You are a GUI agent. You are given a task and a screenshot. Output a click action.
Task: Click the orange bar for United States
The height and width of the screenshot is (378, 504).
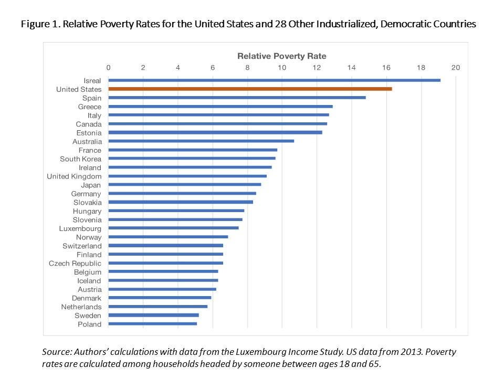[x=250, y=89]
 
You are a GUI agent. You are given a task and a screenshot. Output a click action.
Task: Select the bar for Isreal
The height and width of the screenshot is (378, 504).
[x=274, y=80]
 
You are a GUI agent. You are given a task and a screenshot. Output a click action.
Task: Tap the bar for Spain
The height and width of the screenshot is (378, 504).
[x=237, y=98]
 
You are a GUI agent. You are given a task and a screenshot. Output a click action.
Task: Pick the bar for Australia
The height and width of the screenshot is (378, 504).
[x=201, y=141]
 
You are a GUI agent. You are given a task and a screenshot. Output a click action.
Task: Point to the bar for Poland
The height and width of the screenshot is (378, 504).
[x=152, y=324]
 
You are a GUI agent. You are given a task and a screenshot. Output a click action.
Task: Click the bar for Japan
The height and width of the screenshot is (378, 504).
[x=184, y=185]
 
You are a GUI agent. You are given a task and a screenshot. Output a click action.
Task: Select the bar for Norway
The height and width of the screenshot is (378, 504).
[x=168, y=237]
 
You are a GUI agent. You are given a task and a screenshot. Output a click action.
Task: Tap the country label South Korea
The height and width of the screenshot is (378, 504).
[x=80, y=159]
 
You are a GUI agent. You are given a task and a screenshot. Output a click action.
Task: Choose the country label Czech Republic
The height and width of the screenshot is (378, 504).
[x=75, y=263]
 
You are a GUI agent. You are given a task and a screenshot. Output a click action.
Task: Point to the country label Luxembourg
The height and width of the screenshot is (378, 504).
[x=80, y=228]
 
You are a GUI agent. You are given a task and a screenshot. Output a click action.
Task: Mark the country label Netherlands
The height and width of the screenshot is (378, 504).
[x=81, y=307]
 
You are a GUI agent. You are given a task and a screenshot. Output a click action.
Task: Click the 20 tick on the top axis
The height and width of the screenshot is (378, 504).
[x=455, y=67]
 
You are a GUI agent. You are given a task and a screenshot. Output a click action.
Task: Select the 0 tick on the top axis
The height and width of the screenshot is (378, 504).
[x=108, y=67]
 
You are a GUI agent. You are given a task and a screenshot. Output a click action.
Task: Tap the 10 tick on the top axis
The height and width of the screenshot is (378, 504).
[x=282, y=67]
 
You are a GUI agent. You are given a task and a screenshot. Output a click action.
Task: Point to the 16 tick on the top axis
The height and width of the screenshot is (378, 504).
[x=386, y=67]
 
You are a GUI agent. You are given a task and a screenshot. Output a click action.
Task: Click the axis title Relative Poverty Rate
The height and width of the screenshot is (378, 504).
[x=281, y=56]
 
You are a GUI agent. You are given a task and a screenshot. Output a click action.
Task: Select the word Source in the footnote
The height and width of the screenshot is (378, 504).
[x=56, y=352]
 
